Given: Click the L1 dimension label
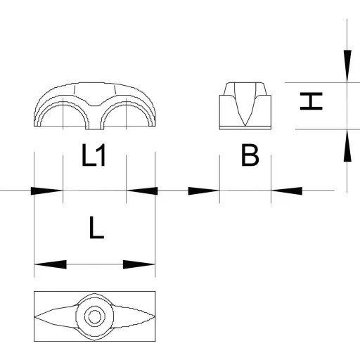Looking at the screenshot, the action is point(94,155).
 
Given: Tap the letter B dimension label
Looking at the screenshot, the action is point(250,155).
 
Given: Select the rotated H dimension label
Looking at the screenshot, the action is point(311,101).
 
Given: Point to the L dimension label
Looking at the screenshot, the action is point(96,228).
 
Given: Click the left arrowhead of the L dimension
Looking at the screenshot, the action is point(51,264).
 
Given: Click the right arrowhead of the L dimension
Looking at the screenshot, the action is point(139,264).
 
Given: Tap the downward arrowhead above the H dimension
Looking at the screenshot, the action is point(347,66).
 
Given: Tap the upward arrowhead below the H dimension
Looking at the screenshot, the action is point(347,146).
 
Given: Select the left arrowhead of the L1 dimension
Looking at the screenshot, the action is point(47,191).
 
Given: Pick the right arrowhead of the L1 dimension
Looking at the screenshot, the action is point(142,191).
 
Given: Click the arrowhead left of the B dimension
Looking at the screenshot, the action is point(204,191).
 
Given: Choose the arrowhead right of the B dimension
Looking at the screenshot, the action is point(287,191).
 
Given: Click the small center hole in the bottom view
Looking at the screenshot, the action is point(95,317).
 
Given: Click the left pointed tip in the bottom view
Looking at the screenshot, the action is point(35,317).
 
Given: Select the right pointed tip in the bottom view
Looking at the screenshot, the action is point(155,317).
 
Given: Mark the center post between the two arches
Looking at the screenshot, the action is point(95,120).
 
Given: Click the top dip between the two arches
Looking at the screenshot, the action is point(95,105).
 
